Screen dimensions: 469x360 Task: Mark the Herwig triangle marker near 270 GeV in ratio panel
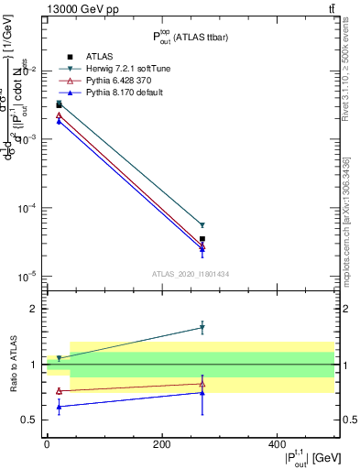pyautogui.click(x=202, y=328)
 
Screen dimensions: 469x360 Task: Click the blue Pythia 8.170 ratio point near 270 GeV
pyautogui.click(x=202, y=393)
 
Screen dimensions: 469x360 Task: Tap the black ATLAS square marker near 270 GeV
pyautogui.click(x=202, y=239)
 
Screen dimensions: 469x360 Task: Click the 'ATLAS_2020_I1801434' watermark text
pyautogui.click(x=190, y=274)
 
